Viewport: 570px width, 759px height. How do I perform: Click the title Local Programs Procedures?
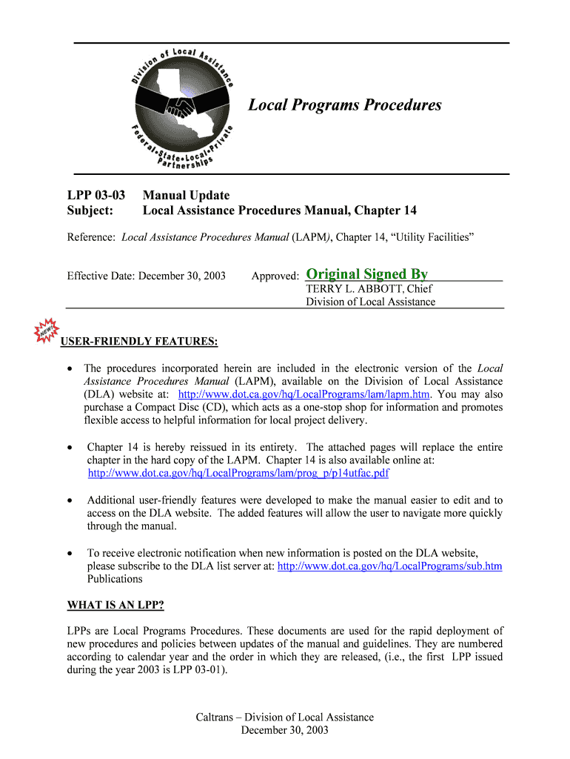click(344, 105)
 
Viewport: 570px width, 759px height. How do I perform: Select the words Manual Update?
click(186, 196)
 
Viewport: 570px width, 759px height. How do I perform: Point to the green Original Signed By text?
click(366, 274)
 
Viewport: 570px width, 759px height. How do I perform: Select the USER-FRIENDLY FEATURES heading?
click(138, 342)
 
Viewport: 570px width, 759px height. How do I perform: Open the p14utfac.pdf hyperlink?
click(238, 473)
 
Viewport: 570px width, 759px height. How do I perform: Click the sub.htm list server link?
click(389, 566)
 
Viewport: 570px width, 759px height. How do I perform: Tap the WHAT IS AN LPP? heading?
click(115, 605)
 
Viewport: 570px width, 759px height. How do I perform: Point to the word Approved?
click(275, 276)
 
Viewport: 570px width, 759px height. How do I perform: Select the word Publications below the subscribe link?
click(114, 580)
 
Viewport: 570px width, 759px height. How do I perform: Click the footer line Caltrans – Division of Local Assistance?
click(284, 717)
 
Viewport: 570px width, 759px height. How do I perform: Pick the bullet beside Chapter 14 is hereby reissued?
click(70, 448)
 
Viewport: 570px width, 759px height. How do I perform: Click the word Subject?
click(90, 211)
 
